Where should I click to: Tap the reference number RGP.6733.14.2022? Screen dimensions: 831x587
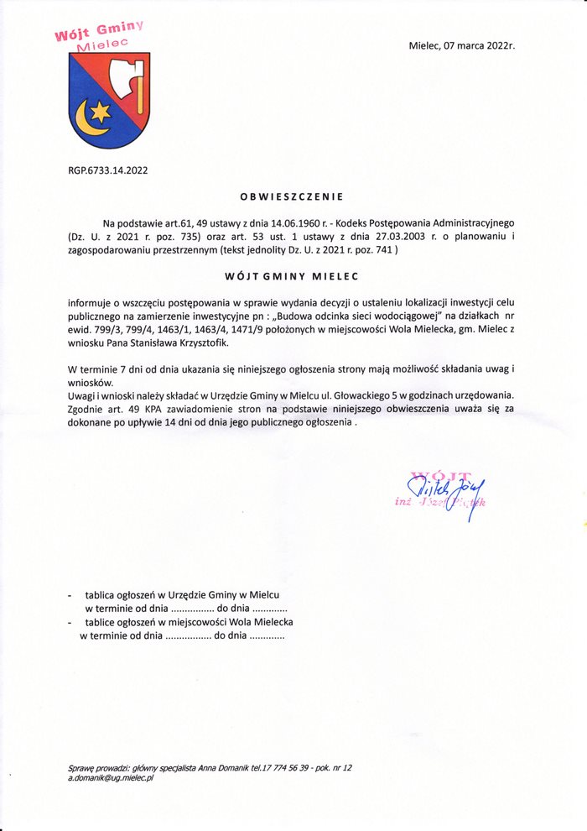point(108,170)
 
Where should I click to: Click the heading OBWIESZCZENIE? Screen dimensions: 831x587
point(292,198)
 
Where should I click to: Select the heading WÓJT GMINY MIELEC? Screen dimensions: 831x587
point(291,275)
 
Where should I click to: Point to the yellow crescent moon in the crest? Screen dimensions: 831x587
point(87,120)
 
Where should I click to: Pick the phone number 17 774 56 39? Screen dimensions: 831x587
point(292,768)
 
